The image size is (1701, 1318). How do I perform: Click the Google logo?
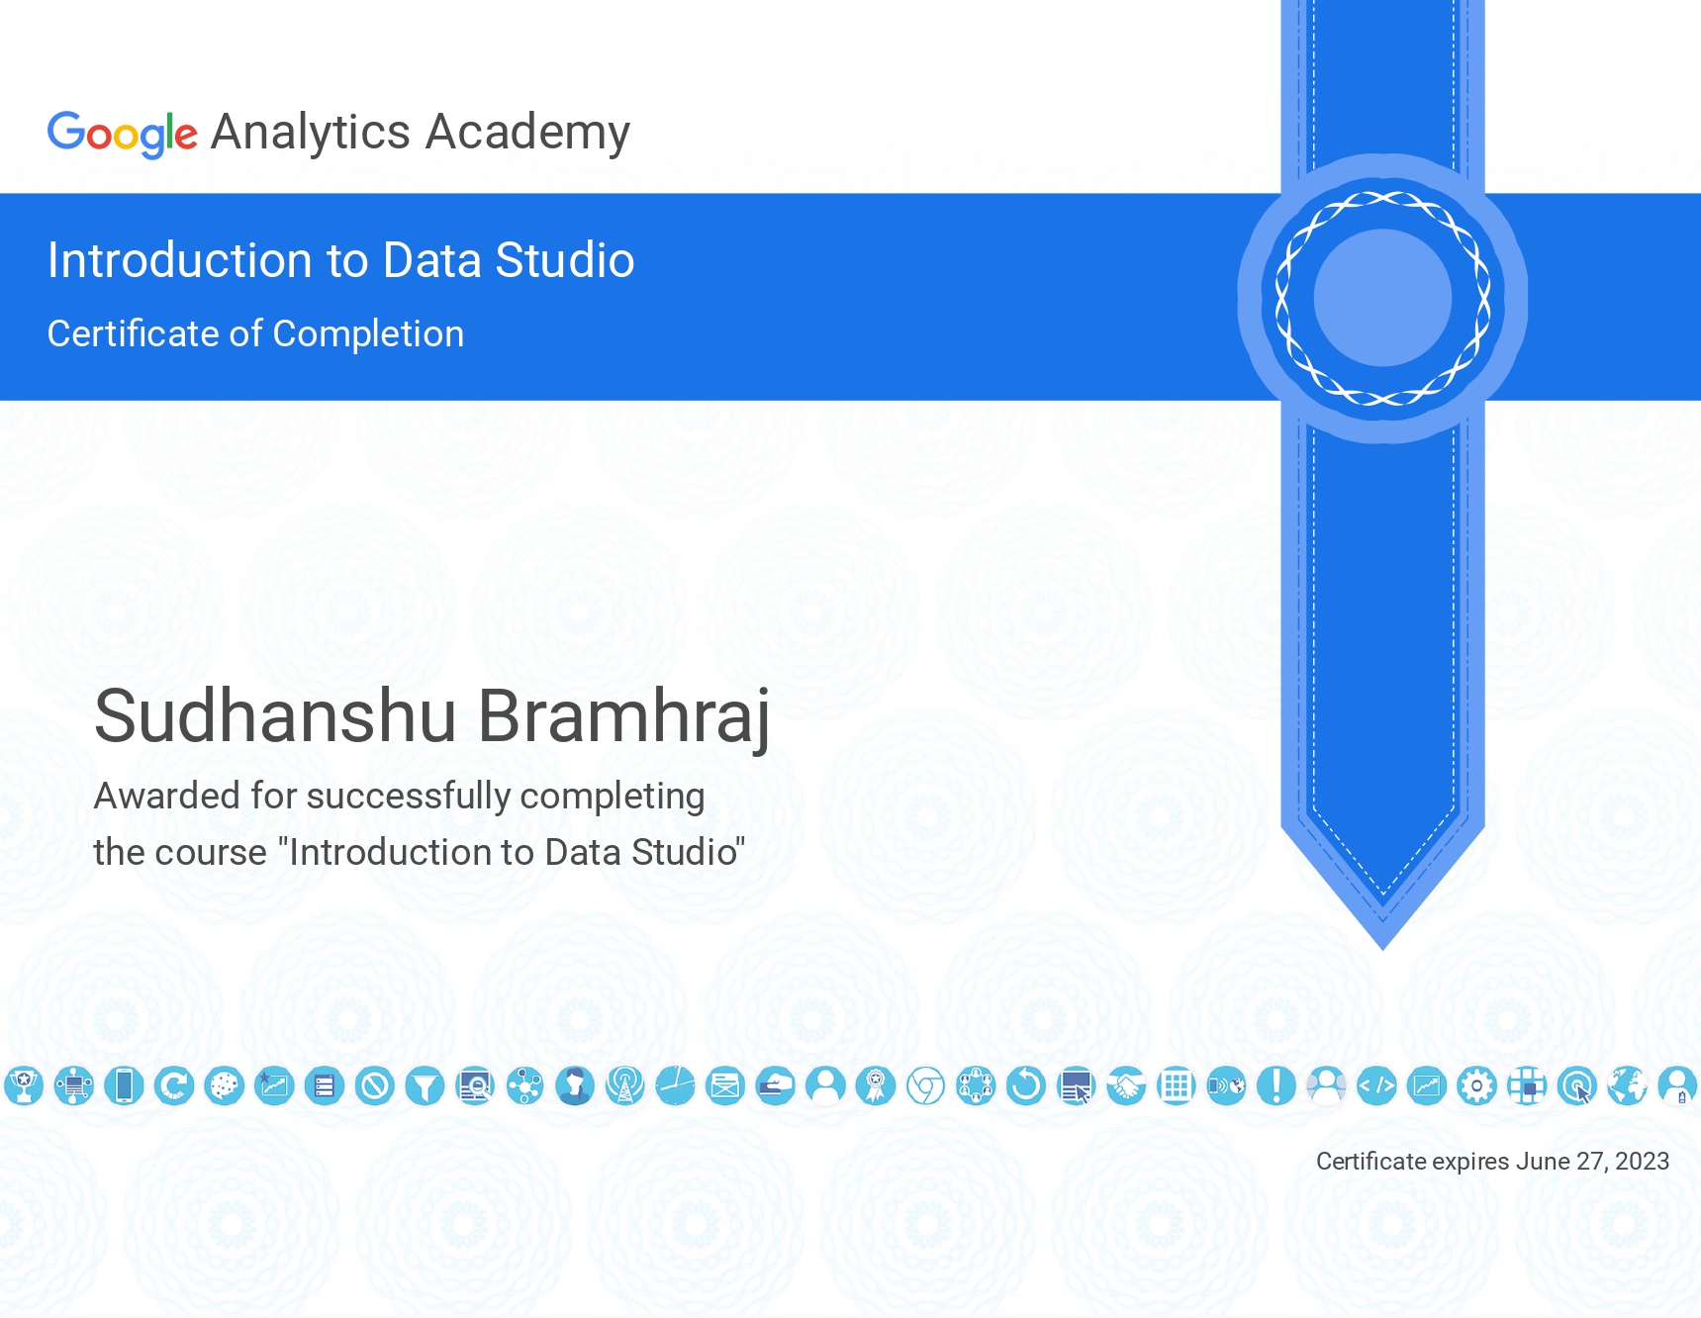(123, 134)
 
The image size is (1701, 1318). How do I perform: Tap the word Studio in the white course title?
(564, 260)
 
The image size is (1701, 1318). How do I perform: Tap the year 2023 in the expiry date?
(1642, 1161)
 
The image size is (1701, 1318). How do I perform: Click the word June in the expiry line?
(1543, 1161)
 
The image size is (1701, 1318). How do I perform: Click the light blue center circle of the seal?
(1382, 298)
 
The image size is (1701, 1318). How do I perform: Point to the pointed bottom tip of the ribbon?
(1382, 949)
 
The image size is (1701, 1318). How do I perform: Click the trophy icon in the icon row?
(24, 1086)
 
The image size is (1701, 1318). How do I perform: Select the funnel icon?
(425, 1086)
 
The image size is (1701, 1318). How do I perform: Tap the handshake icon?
(1126, 1086)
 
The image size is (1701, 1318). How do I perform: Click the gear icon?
(1477, 1086)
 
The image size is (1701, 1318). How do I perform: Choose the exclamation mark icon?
(1276, 1086)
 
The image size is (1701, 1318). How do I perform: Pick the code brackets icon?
(1376, 1086)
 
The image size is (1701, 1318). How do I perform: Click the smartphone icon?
(124, 1086)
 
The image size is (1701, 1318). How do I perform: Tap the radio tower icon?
(625, 1086)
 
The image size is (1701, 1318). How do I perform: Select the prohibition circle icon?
(375, 1086)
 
